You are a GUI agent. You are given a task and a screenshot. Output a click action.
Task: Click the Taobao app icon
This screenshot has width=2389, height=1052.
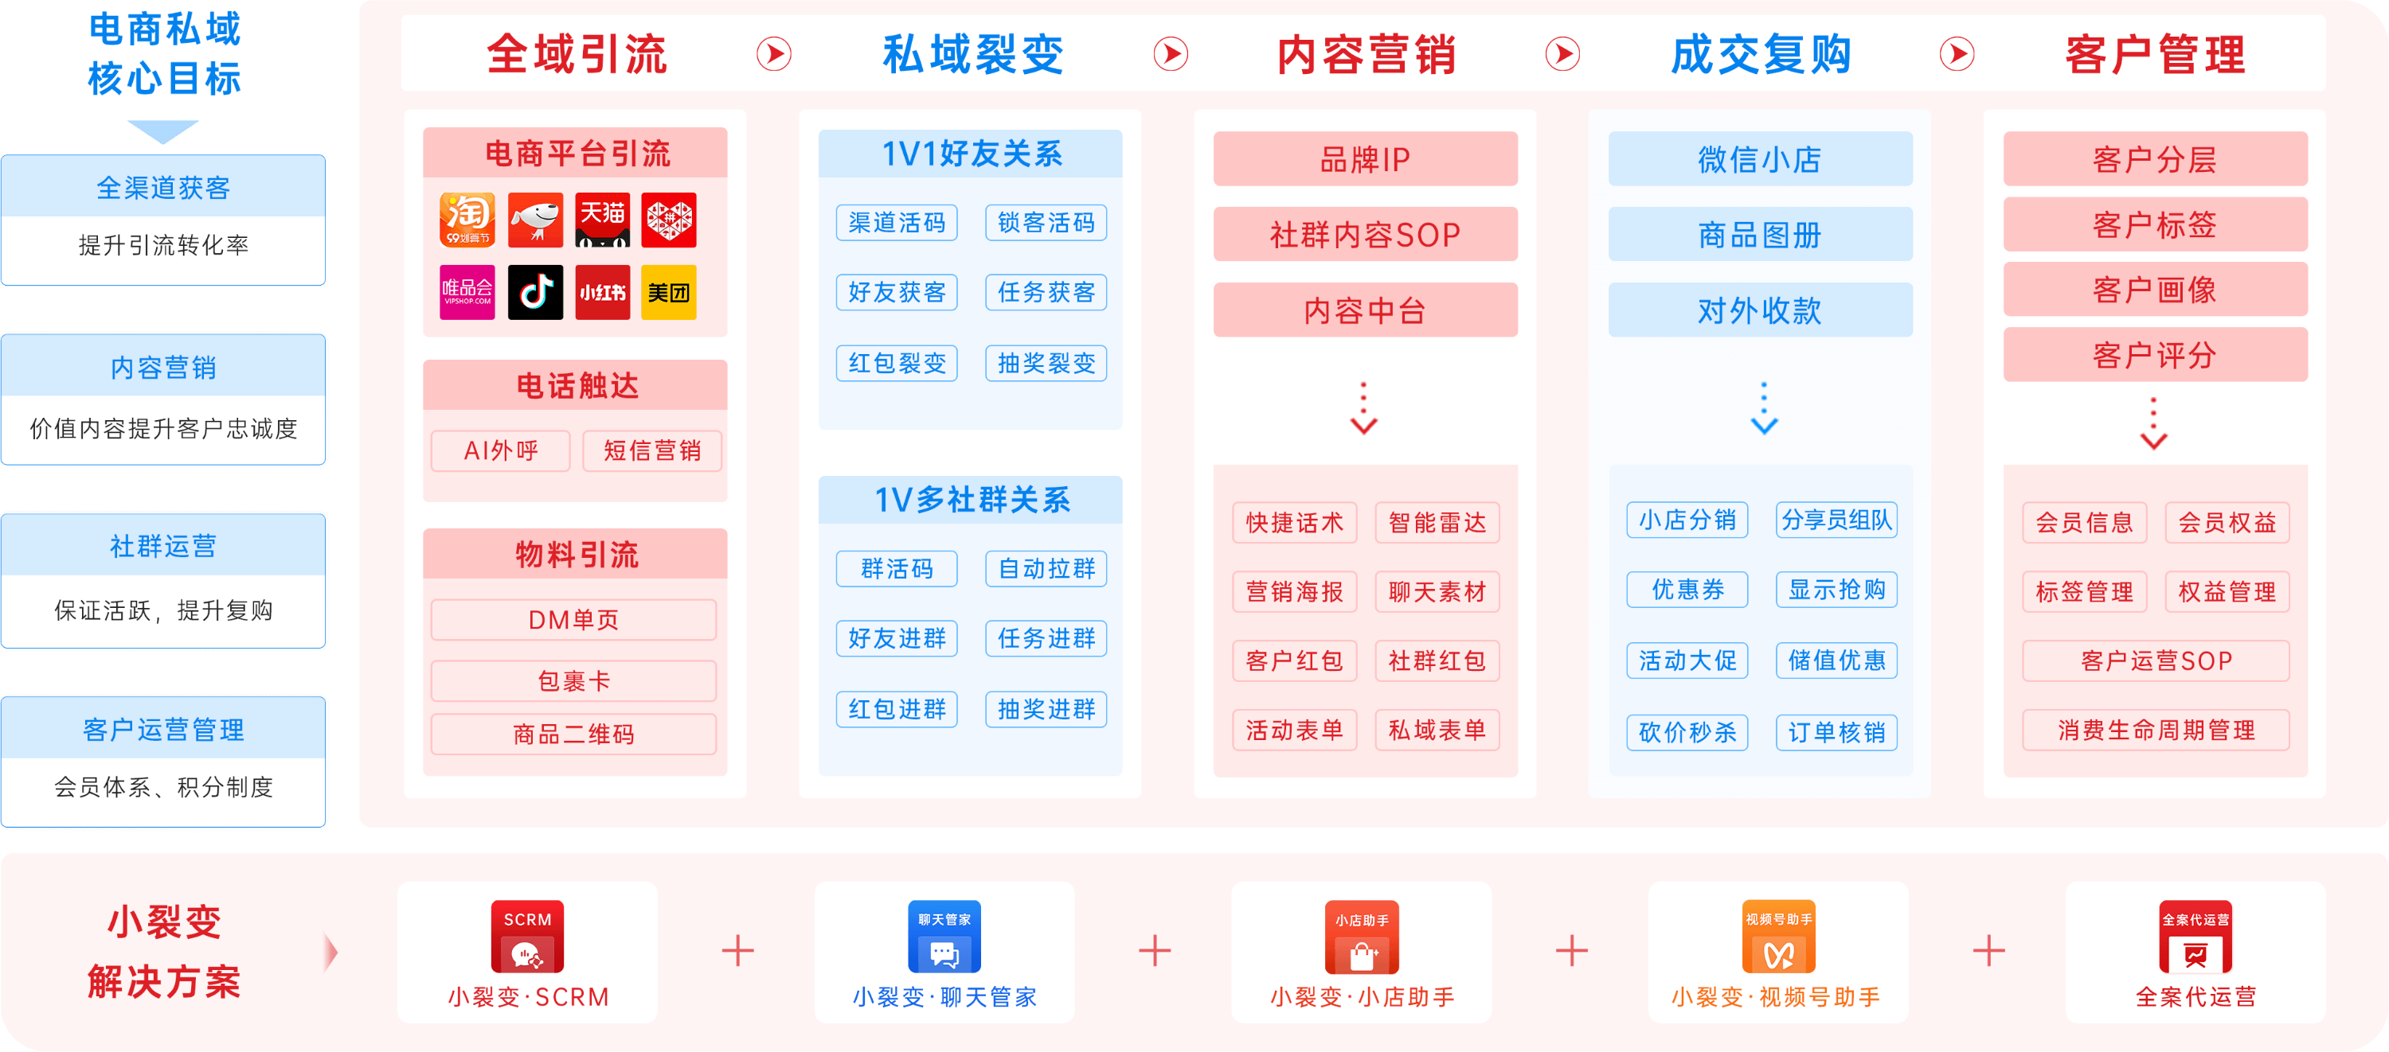(467, 220)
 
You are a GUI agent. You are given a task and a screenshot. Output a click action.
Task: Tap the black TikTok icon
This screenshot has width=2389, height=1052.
(535, 293)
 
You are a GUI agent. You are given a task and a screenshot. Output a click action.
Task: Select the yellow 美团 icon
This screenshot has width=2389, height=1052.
(669, 293)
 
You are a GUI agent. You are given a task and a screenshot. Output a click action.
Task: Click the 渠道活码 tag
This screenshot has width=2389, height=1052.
(897, 223)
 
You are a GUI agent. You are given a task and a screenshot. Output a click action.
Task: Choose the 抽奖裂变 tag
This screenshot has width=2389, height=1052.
(1046, 362)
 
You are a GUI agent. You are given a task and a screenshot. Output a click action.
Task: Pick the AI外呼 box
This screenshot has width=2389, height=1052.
(501, 451)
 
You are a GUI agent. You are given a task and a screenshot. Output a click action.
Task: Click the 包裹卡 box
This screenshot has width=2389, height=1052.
(574, 681)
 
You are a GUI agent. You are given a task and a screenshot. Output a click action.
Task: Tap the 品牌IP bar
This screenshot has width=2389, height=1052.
(1365, 159)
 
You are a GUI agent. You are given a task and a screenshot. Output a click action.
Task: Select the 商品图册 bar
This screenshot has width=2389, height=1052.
(1760, 236)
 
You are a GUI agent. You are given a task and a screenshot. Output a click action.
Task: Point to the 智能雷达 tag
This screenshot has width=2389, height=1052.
(1437, 523)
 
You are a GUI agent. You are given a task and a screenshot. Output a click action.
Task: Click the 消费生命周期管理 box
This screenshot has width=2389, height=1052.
(2156, 731)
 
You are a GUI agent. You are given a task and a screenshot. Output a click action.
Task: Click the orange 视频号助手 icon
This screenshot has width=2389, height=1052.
(1779, 936)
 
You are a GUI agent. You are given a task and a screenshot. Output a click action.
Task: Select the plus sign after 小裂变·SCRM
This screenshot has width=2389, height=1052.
(738, 951)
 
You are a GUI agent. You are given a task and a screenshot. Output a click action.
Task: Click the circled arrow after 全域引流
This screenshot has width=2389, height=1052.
(774, 54)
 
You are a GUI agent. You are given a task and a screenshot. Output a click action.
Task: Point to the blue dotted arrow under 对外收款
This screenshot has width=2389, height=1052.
(1764, 407)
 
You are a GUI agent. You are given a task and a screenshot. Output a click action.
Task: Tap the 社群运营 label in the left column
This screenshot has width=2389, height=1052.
(163, 546)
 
